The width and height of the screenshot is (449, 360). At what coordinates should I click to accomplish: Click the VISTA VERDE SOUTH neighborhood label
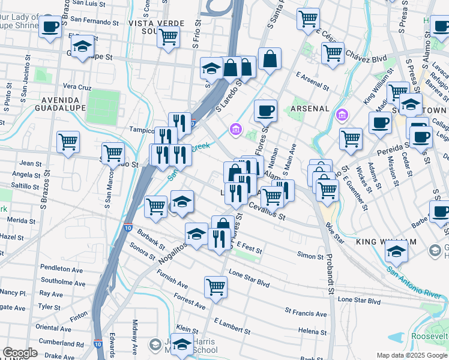(149, 23)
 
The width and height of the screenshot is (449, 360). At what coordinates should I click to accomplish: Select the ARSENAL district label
(310, 109)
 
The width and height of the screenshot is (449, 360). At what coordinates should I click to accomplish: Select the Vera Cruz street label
(76, 86)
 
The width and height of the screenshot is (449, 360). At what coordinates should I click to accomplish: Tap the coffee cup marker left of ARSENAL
(265, 110)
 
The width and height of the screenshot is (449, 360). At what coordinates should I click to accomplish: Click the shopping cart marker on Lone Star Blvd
(215, 286)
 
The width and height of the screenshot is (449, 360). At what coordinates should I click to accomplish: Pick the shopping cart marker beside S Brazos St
(68, 142)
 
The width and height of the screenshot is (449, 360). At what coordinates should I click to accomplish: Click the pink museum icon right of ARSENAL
(342, 114)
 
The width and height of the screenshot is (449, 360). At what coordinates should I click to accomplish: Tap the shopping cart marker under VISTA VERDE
(168, 37)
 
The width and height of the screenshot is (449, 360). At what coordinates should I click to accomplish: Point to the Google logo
(20, 353)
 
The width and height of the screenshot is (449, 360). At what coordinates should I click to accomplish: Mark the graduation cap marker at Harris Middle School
(183, 344)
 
